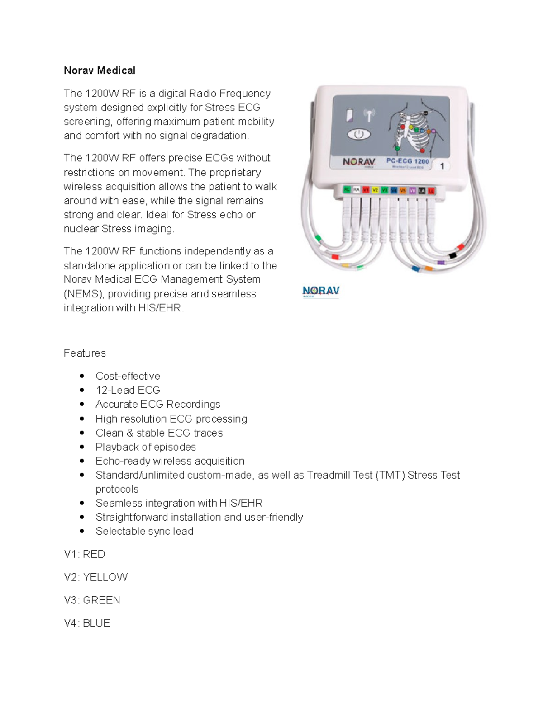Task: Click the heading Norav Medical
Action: [99, 71]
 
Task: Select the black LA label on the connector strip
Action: [422, 190]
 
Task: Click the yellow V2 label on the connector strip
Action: [375, 190]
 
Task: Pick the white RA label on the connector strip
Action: [356, 190]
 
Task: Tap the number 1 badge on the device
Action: [442, 166]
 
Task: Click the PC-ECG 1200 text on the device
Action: [407, 161]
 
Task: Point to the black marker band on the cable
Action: [452, 256]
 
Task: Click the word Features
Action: [85, 353]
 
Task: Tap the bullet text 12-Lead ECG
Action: [128, 390]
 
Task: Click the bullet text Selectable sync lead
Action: [144, 531]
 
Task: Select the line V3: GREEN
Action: [92, 600]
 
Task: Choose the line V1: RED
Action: [85, 554]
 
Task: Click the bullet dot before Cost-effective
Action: [82, 376]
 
